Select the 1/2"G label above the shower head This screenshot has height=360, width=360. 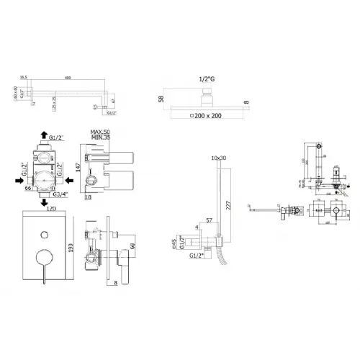click(x=207, y=81)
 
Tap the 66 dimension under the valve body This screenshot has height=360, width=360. click(x=27, y=189)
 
